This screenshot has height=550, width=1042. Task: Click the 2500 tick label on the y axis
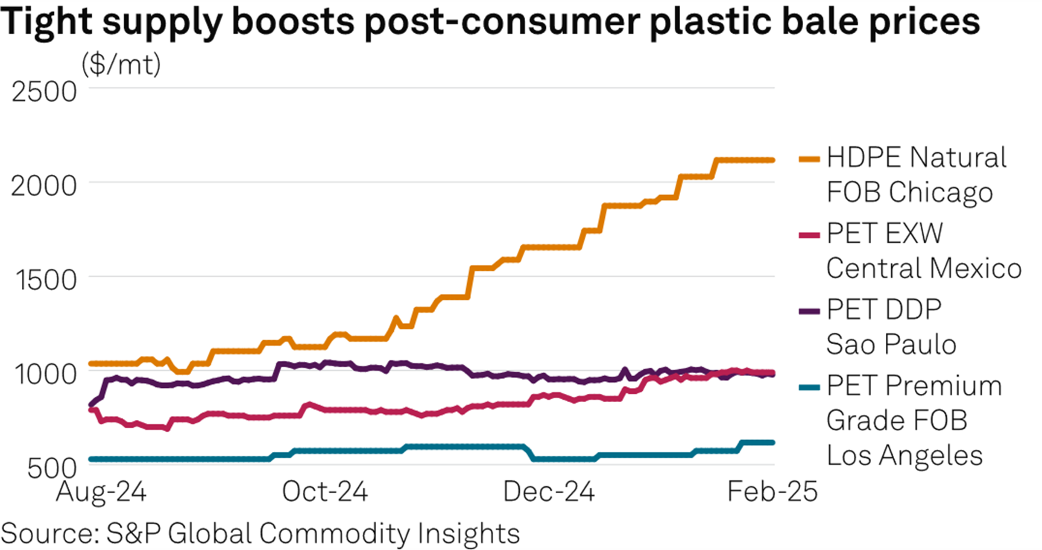(44, 91)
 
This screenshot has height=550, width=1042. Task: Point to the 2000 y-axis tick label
(44, 186)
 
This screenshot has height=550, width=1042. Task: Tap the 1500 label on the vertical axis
(46, 280)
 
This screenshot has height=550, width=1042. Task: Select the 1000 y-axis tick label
(45, 374)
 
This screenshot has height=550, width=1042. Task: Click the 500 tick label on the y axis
(52, 468)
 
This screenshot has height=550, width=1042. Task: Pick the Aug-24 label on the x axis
(101, 491)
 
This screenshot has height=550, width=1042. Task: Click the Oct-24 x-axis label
(325, 491)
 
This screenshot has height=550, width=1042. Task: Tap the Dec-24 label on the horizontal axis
(549, 491)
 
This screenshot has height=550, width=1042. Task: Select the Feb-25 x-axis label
(772, 491)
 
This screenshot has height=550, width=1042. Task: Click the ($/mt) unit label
(121, 65)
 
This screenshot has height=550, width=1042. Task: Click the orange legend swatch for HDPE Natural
(809, 159)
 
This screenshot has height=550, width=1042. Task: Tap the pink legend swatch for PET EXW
(809, 235)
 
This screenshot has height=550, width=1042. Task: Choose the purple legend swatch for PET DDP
(809, 311)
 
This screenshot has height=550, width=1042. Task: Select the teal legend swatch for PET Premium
(809, 387)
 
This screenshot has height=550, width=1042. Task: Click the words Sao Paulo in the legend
(891, 344)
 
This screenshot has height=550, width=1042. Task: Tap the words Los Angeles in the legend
(904, 455)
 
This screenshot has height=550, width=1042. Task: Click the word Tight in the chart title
(46, 21)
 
